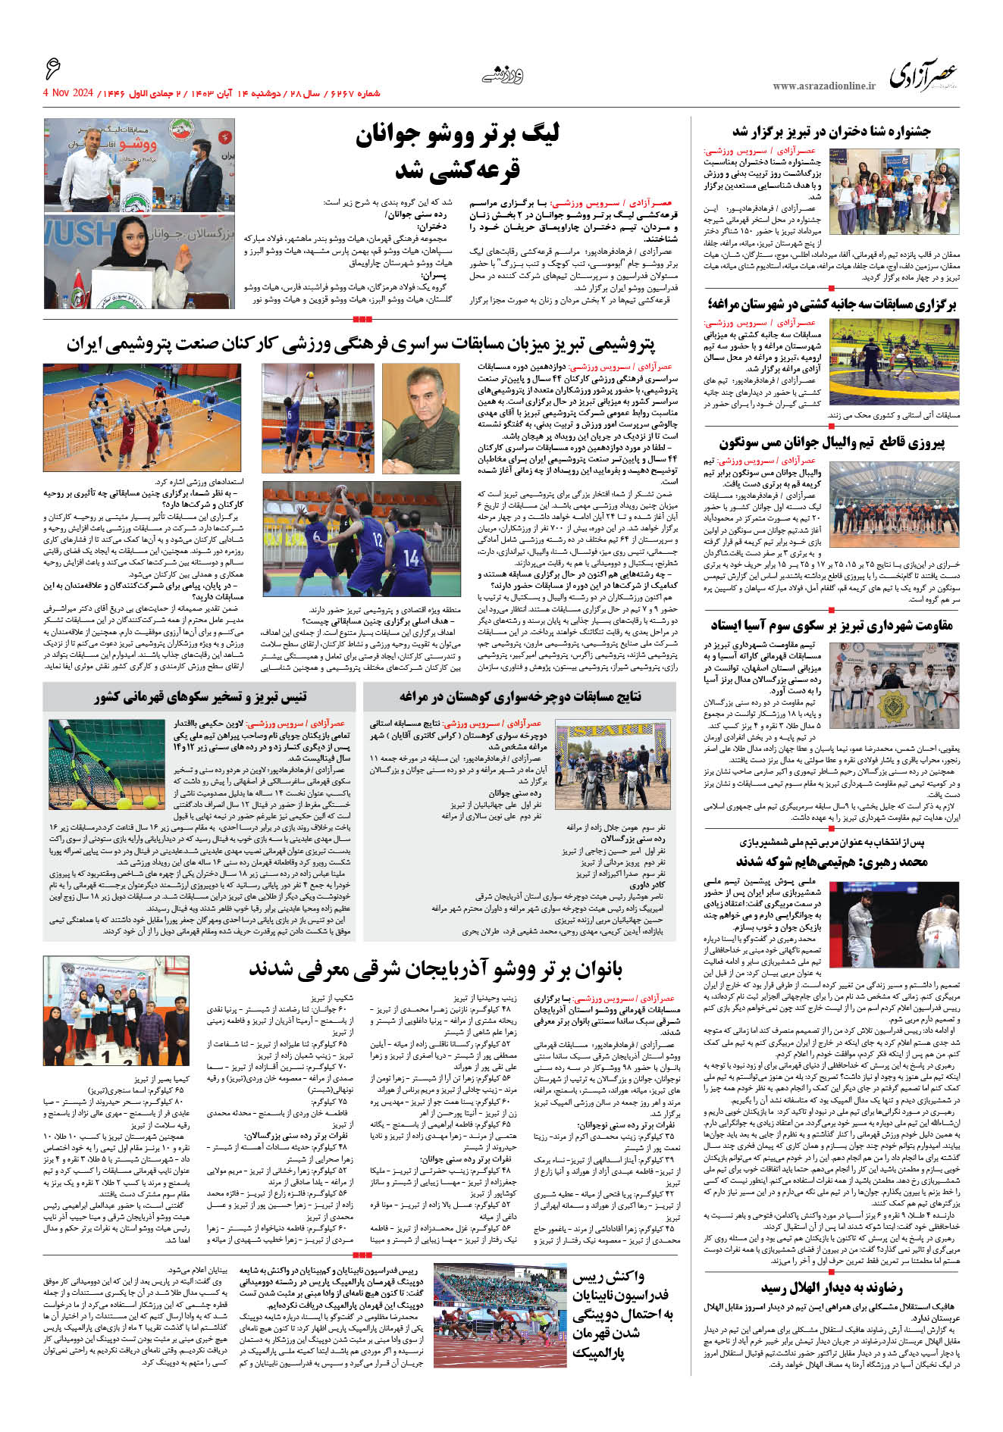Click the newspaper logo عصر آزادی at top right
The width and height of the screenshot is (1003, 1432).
923,76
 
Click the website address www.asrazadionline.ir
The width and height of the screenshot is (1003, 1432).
824,86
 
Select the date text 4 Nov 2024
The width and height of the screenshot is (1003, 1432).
67,93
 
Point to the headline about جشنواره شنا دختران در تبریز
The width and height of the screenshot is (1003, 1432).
831,132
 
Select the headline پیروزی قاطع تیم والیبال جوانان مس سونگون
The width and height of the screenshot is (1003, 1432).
832,443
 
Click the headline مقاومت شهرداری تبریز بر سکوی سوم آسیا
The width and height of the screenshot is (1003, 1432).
831,625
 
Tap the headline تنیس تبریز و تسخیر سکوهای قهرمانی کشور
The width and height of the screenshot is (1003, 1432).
200,696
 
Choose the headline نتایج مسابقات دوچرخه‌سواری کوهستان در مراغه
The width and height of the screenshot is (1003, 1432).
520,696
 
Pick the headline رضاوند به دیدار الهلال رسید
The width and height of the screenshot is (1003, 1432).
831,1288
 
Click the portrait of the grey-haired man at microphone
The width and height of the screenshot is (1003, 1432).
421,418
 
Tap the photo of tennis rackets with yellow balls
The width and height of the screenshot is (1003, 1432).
106,765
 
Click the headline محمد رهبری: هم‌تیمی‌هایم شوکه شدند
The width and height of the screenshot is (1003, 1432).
831,862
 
